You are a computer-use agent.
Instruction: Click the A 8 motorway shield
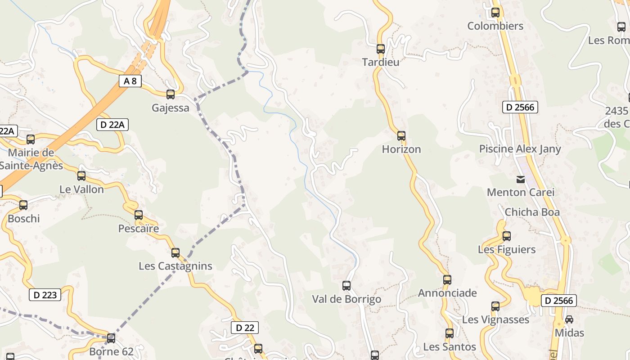point(130,81)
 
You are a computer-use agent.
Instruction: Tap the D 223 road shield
point(45,295)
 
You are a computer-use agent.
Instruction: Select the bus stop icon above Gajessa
point(171,94)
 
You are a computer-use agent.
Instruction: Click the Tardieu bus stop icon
point(381,49)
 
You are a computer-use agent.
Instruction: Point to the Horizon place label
point(401,149)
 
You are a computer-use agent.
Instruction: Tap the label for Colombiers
point(495,26)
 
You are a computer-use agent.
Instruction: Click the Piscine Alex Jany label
point(520,149)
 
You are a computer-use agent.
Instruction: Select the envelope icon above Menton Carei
point(521,180)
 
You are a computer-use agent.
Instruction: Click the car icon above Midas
point(569,319)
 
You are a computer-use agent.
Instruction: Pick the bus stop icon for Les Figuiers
point(507,236)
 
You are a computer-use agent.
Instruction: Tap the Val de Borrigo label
point(346,299)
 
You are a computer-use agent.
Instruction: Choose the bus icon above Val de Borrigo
point(346,285)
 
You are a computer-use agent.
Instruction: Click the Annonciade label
point(447,293)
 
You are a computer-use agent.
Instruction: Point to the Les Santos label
point(450,347)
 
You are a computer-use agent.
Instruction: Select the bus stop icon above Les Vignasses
point(495,306)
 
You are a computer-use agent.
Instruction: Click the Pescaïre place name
point(139,229)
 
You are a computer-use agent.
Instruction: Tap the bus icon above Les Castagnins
point(175,253)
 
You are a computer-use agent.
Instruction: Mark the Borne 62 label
point(111,351)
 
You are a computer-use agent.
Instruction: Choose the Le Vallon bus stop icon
point(81,176)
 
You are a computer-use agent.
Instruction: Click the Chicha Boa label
point(532,212)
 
